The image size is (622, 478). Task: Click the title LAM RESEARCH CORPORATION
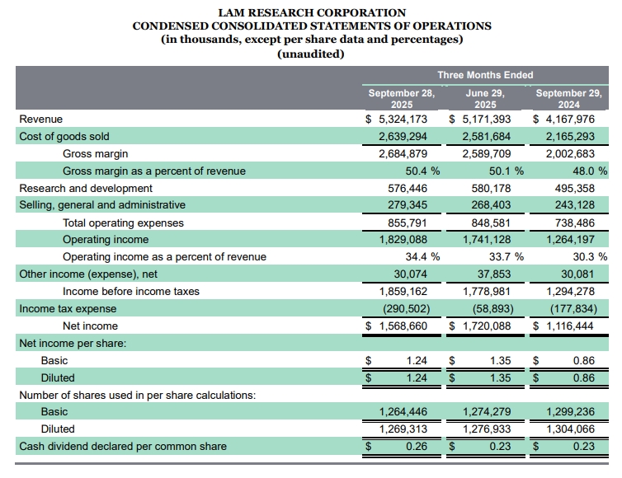pos(311,12)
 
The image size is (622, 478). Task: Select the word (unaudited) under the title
pos(311,54)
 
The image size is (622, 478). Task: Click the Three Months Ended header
pos(485,75)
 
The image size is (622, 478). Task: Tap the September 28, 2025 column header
pos(401,99)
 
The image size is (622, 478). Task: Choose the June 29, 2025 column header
pos(485,99)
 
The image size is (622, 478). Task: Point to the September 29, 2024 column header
pos(568,99)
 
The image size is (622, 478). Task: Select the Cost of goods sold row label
pos(64,136)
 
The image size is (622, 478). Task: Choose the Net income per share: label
pos(73,343)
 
